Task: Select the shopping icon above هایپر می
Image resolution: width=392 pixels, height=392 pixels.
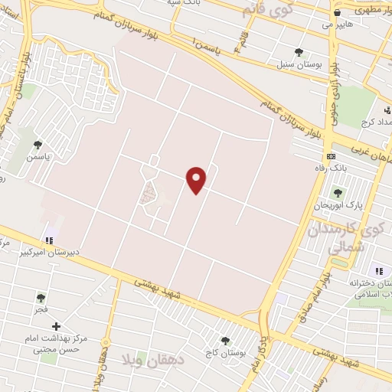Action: pos(338,13)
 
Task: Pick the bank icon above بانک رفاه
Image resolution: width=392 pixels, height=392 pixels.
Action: pos(331,156)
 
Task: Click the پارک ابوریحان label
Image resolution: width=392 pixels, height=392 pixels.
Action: pos(336,206)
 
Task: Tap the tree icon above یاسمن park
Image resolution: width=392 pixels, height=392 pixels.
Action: pos(38,143)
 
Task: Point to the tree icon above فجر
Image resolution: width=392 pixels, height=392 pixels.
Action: pos(41,298)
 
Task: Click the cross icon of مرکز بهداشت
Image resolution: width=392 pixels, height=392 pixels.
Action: pos(55,326)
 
